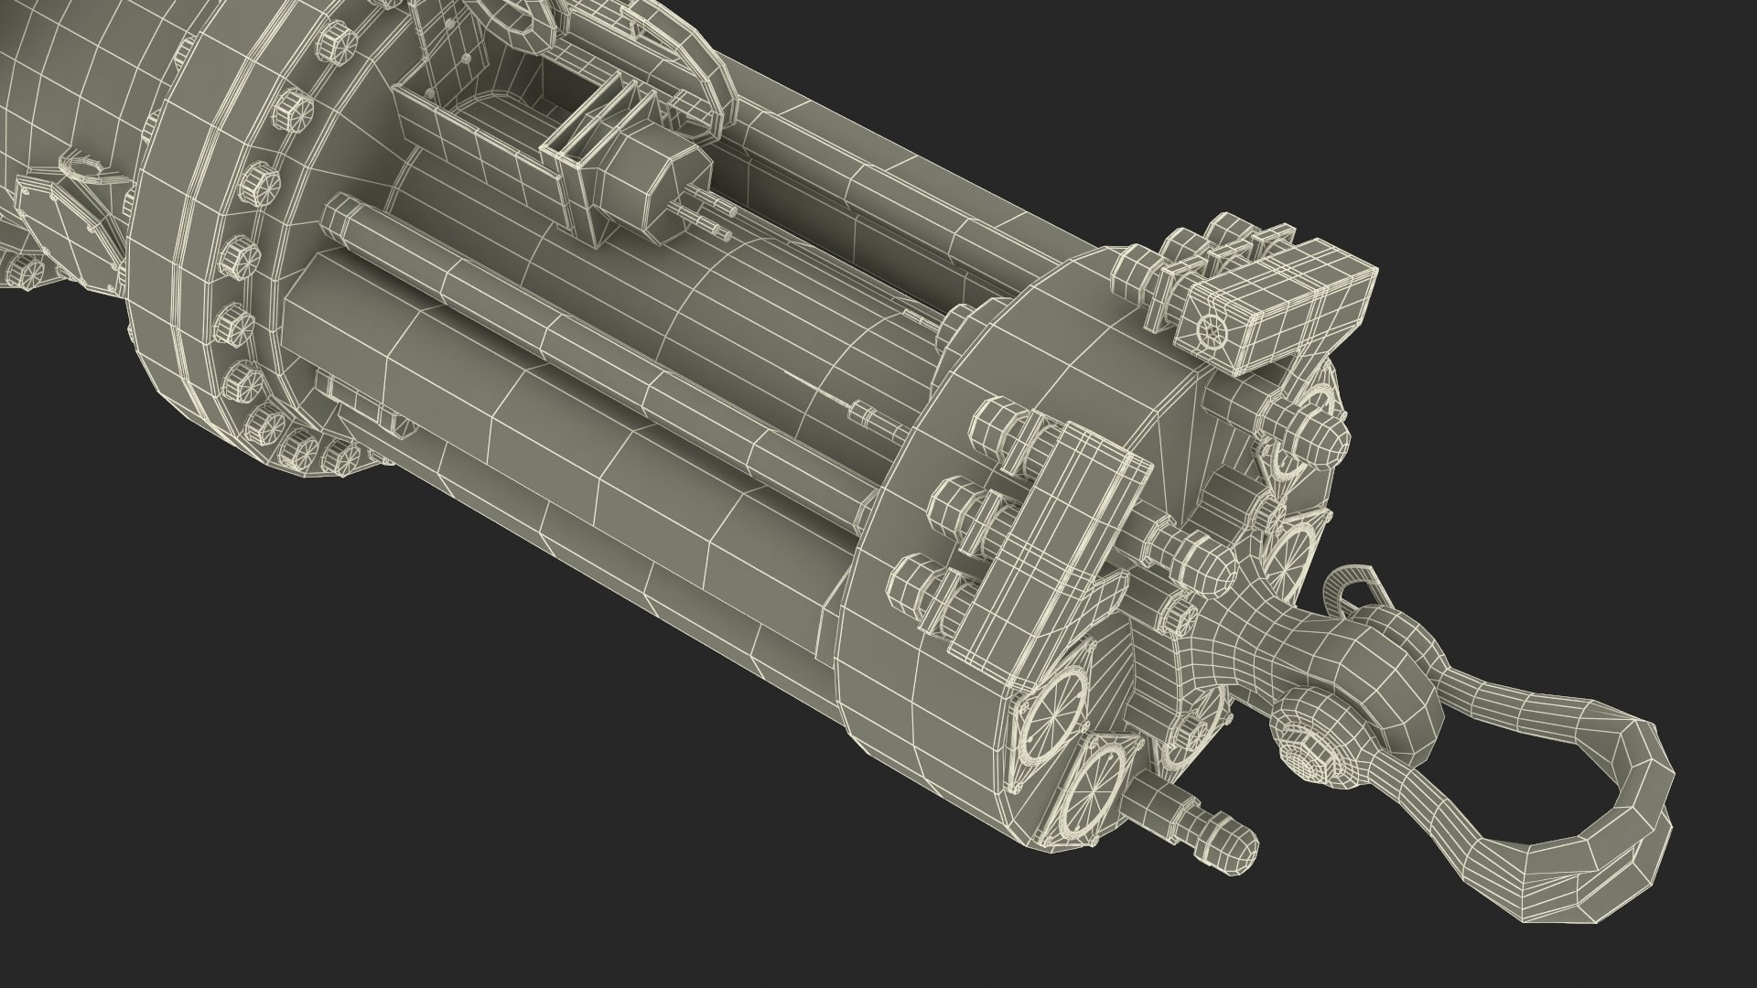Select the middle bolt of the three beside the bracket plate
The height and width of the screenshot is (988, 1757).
click(952, 504)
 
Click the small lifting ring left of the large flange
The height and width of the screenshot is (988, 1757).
click(82, 168)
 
